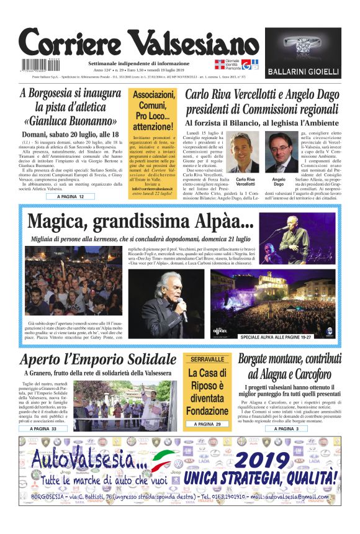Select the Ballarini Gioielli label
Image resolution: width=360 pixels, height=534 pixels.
[303, 72]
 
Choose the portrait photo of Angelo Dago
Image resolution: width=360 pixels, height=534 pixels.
[280, 152]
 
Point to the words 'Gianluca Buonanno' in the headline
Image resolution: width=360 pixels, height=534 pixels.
[70, 120]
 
